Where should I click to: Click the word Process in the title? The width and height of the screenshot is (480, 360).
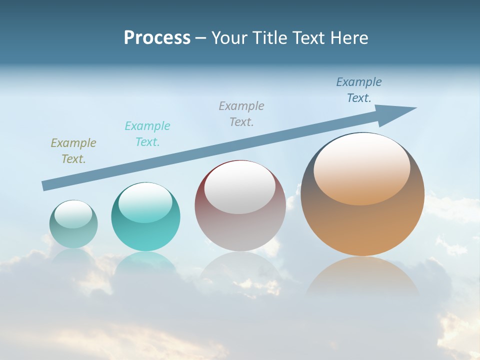(x=157, y=38)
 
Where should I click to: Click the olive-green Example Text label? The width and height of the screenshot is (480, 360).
(x=73, y=150)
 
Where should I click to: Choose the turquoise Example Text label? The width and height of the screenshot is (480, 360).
(x=147, y=133)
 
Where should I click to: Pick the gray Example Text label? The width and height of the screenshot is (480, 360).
(x=241, y=113)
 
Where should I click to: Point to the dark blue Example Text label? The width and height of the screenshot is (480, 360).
(x=359, y=89)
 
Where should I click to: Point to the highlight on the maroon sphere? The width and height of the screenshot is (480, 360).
(x=240, y=186)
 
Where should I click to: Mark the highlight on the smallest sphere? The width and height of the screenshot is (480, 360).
(x=73, y=214)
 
